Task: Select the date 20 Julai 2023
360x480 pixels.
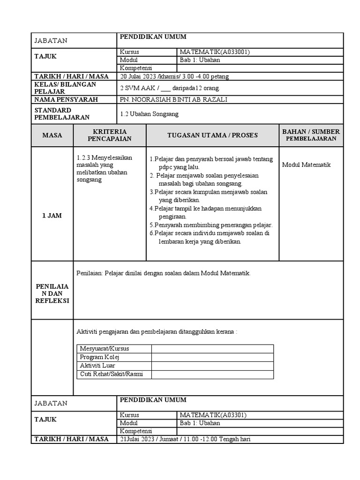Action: pyautogui.click(x=138, y=76)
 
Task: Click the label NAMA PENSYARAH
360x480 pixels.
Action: pyautogui.click(x=66, y=99)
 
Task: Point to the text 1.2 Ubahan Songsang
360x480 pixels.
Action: pyautogui.click(x=149, y=114)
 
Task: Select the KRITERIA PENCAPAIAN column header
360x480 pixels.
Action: pyautogui.click(x=110, y=135)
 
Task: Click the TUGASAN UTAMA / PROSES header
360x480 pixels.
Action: pyautogui.click(x=212, y=135)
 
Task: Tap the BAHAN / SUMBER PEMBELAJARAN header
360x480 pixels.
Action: pyautogui.click(x=311, y=135)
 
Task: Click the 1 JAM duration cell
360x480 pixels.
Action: pyautogui.click(x=52, y=216)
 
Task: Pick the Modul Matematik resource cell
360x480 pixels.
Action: pyautogui.click(x=306, y=165)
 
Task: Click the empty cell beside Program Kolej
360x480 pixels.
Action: pyautogui.click(x=212, y=357)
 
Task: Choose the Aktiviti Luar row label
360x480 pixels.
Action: pyautogui.click(x=97, y=366)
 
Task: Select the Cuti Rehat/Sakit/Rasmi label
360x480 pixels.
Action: pyautogui.click(x=111, y=374)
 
